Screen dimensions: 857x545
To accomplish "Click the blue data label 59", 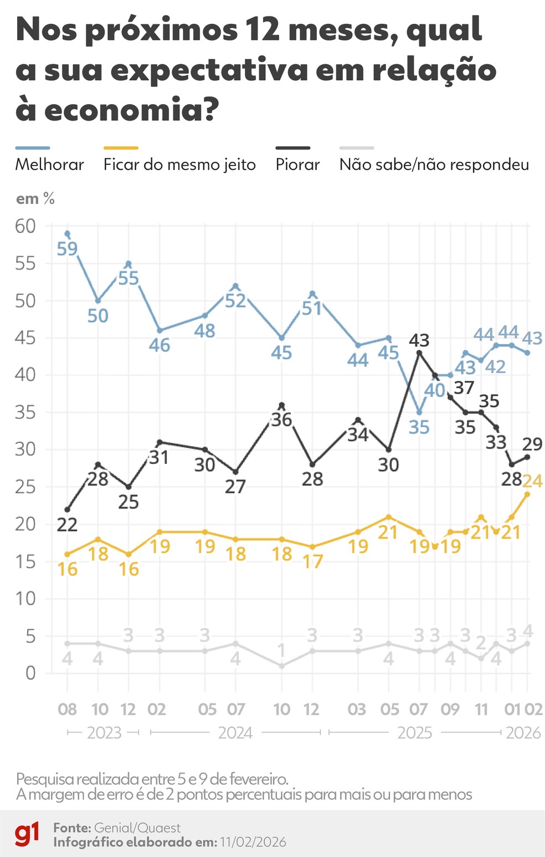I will pyautogui.click(x=67, y=249).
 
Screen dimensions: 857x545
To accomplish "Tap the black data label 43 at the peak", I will pyautogui.click(x=419, y=340).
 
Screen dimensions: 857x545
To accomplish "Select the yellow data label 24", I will pyautogui.click(x=532, y=481).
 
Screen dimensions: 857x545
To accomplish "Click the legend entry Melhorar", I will pyautogui.click(x=49, y=164).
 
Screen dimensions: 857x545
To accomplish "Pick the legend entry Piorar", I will pyautogui.click(x=297, y=164).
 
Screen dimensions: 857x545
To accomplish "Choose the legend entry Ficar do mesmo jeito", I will pyautogui.click(x=179, y=164).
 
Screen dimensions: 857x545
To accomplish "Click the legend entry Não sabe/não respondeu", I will pyautogui.click(x=434, y=164).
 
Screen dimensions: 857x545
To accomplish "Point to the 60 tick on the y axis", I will pyautogui.click(x=25, y=226).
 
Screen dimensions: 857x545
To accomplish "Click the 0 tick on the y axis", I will pyautogui.click(x=30, y=673).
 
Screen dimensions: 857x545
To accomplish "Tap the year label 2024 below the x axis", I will pyautogui.click(x=235, y=732).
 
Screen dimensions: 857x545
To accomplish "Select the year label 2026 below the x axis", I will pyautogui.click(x=523, y=732).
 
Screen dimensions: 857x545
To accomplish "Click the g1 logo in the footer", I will pyautogui.click(x=27, y=834).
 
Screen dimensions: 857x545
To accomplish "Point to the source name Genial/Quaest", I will pyautogui.click(x=137, y=828).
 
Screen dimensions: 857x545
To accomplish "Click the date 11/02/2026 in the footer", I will pyautogui.click(x=253, y=842).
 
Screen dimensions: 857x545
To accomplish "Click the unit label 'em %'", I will pyautogui.click(x=35, y=199).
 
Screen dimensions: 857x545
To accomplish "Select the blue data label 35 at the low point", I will pyautogui.click(x=419, y=427).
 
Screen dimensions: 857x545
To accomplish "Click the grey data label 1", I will pyautogui.click(x=281, y=650).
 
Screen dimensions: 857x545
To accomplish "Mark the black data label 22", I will pyautogui.click(x=67, y=524).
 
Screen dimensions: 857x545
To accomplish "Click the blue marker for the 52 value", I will pyautogui.click(x=235, y=286).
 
